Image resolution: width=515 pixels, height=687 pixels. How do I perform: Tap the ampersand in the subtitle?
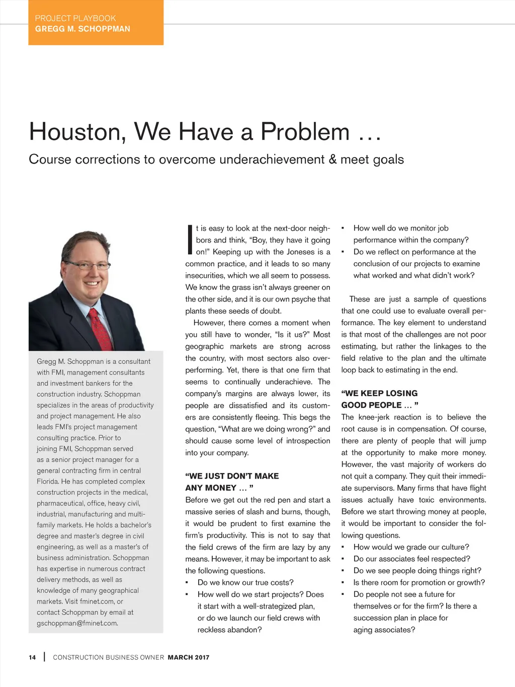click(x=332, y=160)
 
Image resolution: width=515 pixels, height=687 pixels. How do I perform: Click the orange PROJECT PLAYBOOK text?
click(x=75, y=18)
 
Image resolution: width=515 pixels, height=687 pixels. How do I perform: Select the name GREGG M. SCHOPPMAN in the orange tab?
click(x=82, y=29)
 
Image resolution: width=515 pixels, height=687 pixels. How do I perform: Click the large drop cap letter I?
click(x=190, y=240)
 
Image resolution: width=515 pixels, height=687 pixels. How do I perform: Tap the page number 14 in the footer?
click(x=32, y=657)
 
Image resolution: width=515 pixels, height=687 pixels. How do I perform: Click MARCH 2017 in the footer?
click(x=189, y=657)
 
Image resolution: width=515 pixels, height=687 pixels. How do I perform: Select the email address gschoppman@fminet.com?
click(x=77, y=623)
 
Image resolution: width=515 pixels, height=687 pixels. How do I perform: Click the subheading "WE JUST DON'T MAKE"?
click(x=232, y=476)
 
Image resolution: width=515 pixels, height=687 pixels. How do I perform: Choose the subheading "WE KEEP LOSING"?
click(x=379, y=394)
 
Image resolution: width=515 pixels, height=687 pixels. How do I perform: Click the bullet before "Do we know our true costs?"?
click(x=187, y=583)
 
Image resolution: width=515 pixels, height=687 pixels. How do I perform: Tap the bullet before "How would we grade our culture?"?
click(x=342, y=548)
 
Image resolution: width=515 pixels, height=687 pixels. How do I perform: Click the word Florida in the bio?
click(x=47, y=482)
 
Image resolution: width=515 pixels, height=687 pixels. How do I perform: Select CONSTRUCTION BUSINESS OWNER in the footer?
click(x=109, y=657)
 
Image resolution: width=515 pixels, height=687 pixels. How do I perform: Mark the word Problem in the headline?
click(x=305, y=132)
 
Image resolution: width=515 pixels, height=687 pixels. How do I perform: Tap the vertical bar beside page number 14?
click(x=44, y=657)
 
